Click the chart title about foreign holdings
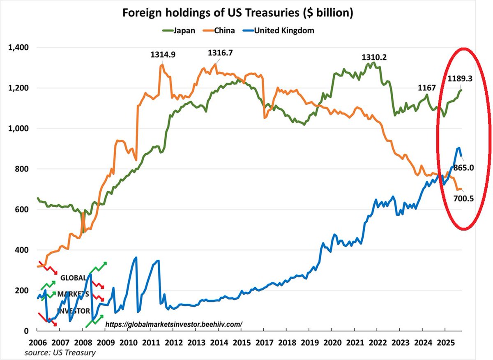[x=237, y=13]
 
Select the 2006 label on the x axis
[x=37, y=342]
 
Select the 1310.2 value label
[x=374, y=57]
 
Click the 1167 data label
[x=427, y=88]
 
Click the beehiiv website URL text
[x=174, y=324]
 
